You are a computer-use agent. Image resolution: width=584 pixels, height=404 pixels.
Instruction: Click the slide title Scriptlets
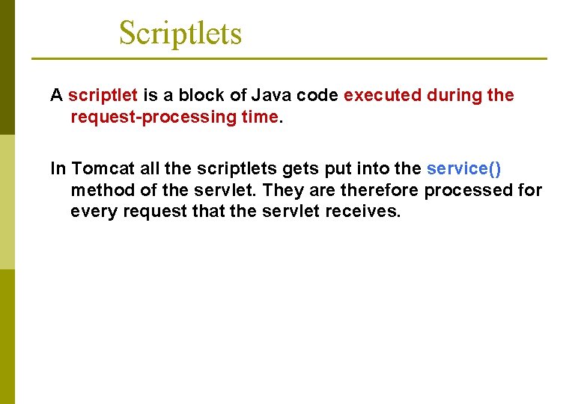pyautogui.click(x=180, y=34)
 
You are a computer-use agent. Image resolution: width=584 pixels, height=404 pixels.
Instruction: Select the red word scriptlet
pyautogui.click(x=103, y=96)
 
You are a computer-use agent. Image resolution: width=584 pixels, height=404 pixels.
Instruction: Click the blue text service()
pyautogui.click(x=463, y=169)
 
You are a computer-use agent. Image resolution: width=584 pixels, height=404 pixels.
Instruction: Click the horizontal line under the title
pyautogui.click(x=288, y=58)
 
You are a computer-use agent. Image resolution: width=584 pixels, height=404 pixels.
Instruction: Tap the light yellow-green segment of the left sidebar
pyautogui.click(x=7, y=202)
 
